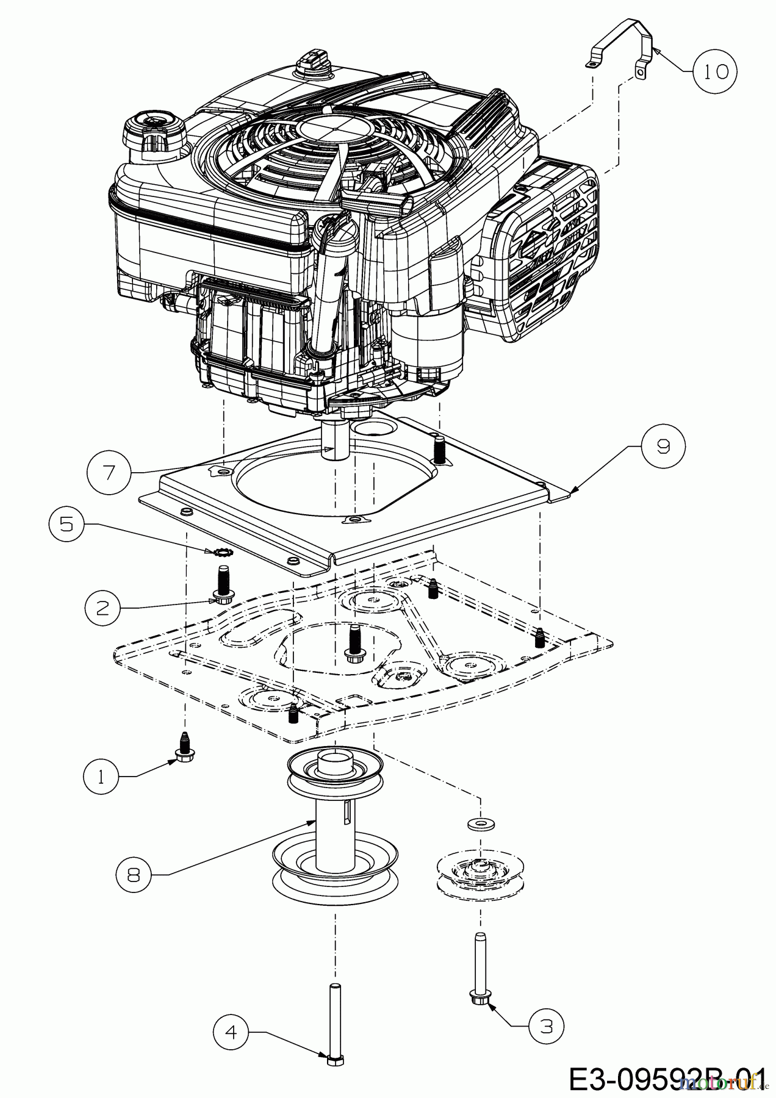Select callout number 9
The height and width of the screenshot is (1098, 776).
click(663, 447)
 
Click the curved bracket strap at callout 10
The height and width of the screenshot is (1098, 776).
click(622, 46)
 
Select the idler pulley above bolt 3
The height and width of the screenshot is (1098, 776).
click(478, 875)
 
